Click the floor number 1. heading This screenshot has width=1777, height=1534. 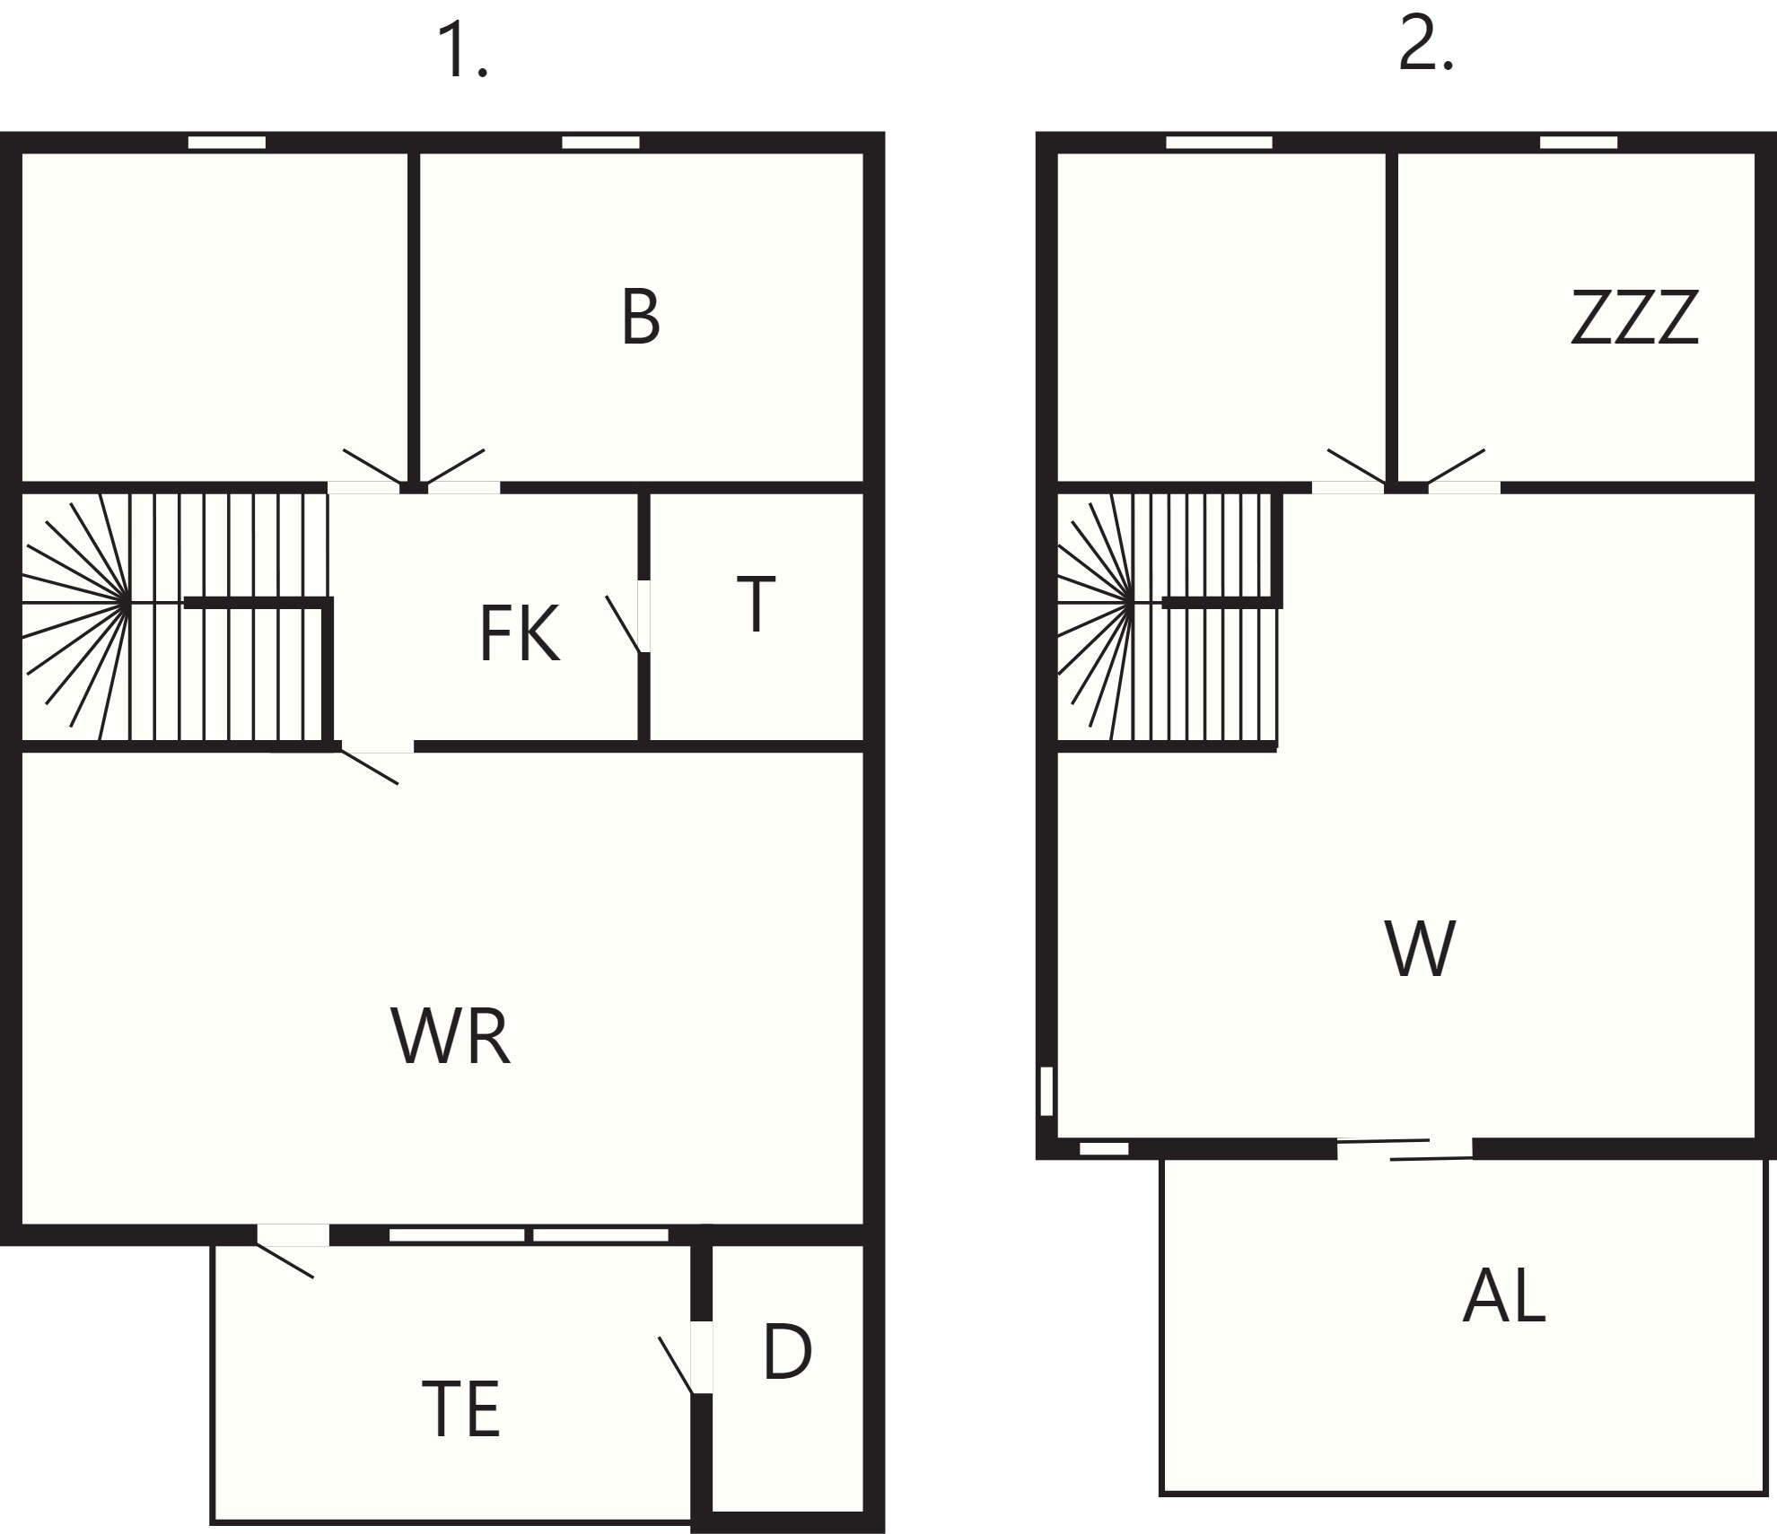click(462, 53)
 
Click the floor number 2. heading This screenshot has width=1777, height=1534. click(1426, 45)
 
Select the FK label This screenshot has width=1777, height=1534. click(520, 633)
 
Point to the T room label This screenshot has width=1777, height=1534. click(756, 606)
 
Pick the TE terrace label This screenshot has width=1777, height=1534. click(460, 1409)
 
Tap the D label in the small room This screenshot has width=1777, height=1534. click(787, 1352)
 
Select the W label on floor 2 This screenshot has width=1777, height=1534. click(1420, 948)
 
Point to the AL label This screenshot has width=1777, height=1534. click(1504, 1296)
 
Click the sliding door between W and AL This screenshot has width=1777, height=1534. click(1405, 1149)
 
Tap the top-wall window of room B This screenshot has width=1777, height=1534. click(600, 143)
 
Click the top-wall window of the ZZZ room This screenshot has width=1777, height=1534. click(1579, 143)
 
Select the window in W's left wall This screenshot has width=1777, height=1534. click(1046, 1091)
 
